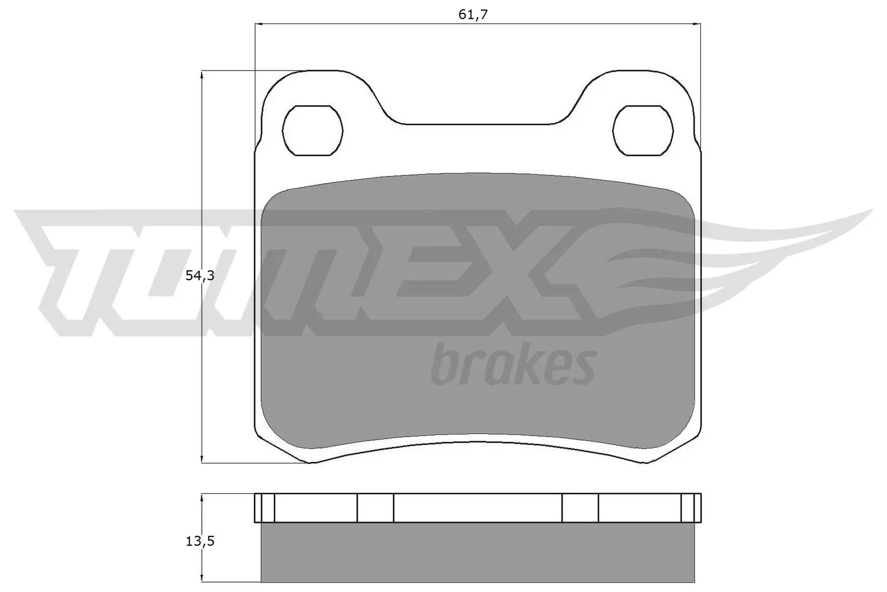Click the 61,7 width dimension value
pos(473,14)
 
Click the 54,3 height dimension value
pos(200,275)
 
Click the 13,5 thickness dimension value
pos(200,541)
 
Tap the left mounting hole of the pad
pos(313,131)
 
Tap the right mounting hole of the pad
pos(643,131)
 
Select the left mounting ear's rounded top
pos(324,72)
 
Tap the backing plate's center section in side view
pos(477,508)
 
